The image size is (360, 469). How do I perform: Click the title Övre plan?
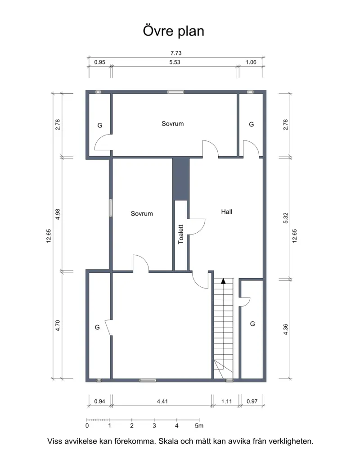pos(173,32)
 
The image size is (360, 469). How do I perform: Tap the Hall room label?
pos(227,212)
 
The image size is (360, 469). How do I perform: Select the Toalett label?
pos(180,234)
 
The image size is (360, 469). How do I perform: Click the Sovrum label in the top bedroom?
pos(172,124)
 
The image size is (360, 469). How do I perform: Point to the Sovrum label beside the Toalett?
pos(142,213)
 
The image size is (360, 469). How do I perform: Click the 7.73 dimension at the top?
pos(176,53)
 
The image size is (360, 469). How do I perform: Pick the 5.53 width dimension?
pos(175,62)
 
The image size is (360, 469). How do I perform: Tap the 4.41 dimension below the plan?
pos(162,401)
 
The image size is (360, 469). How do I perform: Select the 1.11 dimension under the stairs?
pos(227,401)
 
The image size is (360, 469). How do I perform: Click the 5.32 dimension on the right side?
pos(286,218)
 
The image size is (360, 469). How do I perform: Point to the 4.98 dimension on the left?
pos(58,214)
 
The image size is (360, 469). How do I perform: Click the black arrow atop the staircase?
pos(223,281)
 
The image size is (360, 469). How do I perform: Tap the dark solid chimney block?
pos(181,179)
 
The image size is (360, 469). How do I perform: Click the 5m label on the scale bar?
pos(199,426)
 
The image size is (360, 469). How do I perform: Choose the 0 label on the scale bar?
pos(87,426)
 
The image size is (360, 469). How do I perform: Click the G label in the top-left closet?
pos(100,126)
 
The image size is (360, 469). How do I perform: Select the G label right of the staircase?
pos(252,324)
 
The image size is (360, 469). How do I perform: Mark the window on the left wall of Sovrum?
pos(111,208)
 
